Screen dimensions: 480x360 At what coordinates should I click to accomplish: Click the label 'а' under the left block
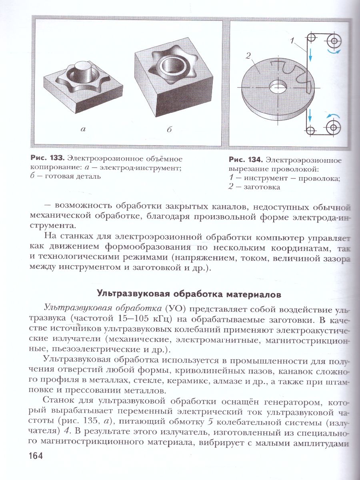[83, 129]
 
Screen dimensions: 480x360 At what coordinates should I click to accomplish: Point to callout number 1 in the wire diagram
[293, 40]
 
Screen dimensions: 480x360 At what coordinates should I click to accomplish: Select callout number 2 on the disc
[248, 57]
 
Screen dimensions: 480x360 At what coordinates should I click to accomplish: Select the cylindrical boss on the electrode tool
[84, 68]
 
